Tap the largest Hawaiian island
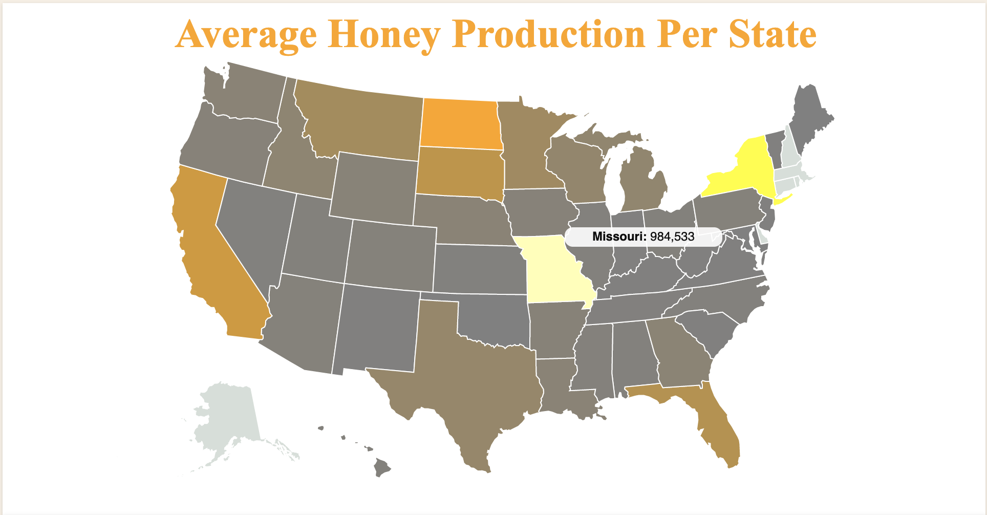click(x=382, y=467)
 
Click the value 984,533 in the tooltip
click(x=672, y=237)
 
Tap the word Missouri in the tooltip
click(x=618, y=237)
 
